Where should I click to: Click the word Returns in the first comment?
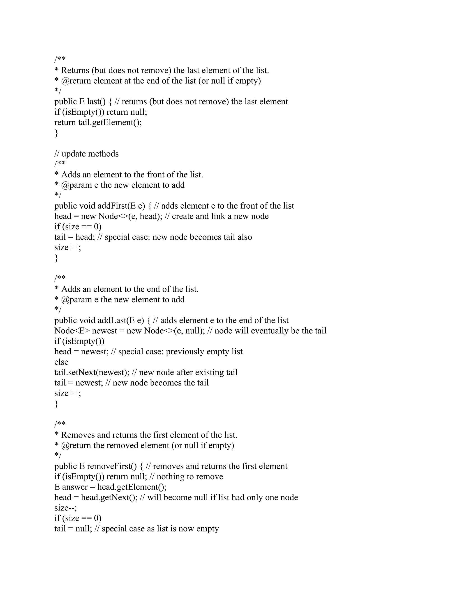(x=75, y=71)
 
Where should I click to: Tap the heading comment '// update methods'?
(x=86, y=154)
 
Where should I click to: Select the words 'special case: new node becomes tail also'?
(x=178, y=237)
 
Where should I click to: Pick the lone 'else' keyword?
(x=61, y=362)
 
